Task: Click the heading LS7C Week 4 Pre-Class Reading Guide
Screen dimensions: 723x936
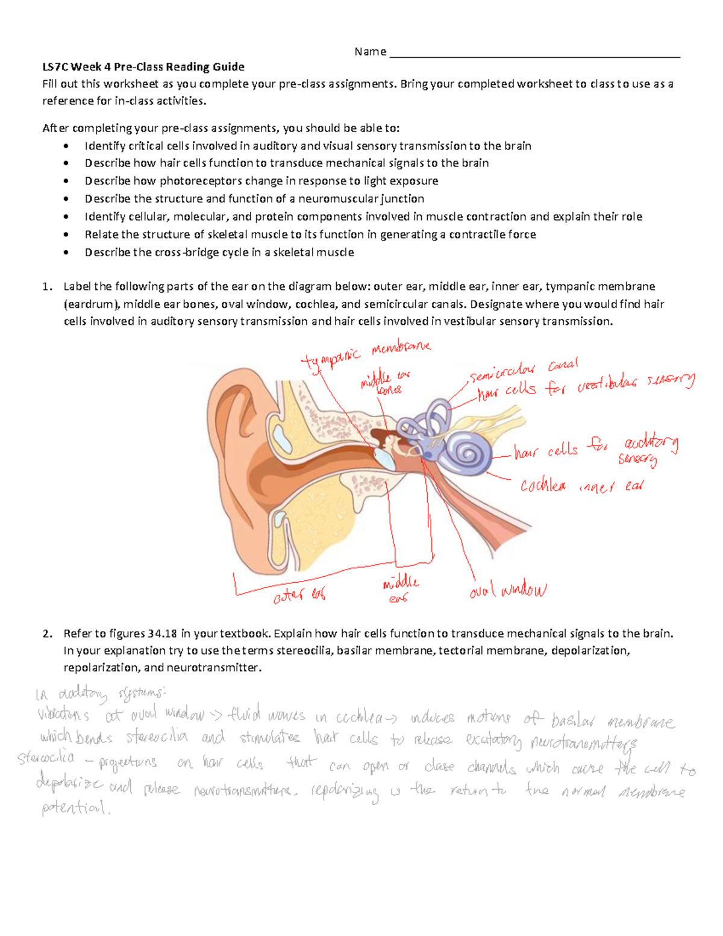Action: (x=143, y=67)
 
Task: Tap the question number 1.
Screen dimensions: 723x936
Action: (x=48, y=286)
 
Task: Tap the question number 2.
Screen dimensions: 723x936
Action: (x=48, y=633)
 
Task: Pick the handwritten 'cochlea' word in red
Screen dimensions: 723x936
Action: (x=543, y=485)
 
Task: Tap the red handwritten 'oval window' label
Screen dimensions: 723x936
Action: (x=507, y=590)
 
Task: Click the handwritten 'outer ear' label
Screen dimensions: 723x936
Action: (x=299, y=595)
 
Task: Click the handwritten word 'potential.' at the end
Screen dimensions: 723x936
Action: (x=75, y=808)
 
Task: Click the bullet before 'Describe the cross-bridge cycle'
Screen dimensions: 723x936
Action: (x=66, y=253)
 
